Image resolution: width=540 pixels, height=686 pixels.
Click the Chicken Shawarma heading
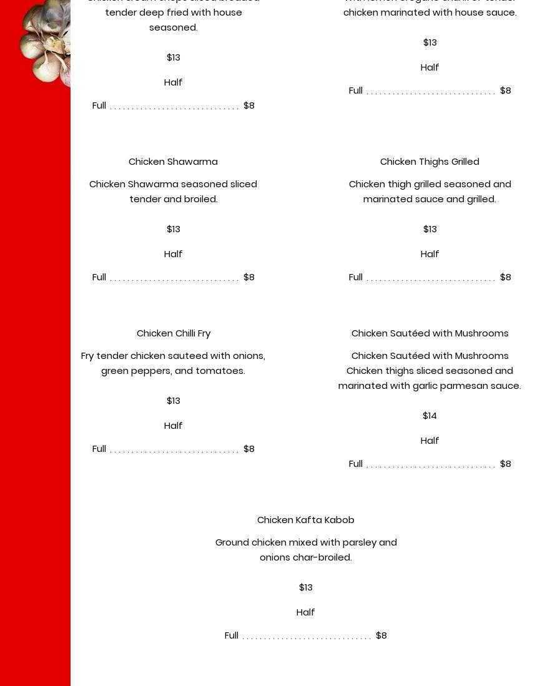173,162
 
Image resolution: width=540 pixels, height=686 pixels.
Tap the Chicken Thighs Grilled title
430,162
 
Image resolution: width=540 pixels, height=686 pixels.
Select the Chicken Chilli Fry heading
174,333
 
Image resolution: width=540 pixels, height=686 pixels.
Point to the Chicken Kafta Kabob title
305,520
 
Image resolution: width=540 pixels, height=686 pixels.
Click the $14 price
430,416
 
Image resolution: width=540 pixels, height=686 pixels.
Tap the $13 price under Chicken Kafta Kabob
305,587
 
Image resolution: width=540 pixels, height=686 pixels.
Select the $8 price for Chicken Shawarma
248,277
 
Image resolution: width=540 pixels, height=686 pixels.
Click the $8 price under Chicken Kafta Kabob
381,635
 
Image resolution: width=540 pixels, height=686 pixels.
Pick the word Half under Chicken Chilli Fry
173,426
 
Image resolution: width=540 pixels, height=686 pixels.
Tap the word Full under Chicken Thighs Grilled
355,277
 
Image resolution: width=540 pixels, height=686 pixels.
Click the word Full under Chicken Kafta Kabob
231,635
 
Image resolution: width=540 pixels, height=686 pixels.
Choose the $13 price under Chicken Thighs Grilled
430,229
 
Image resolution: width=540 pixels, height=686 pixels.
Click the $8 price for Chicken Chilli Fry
248,449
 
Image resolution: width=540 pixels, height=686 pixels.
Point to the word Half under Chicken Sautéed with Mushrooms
430,441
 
